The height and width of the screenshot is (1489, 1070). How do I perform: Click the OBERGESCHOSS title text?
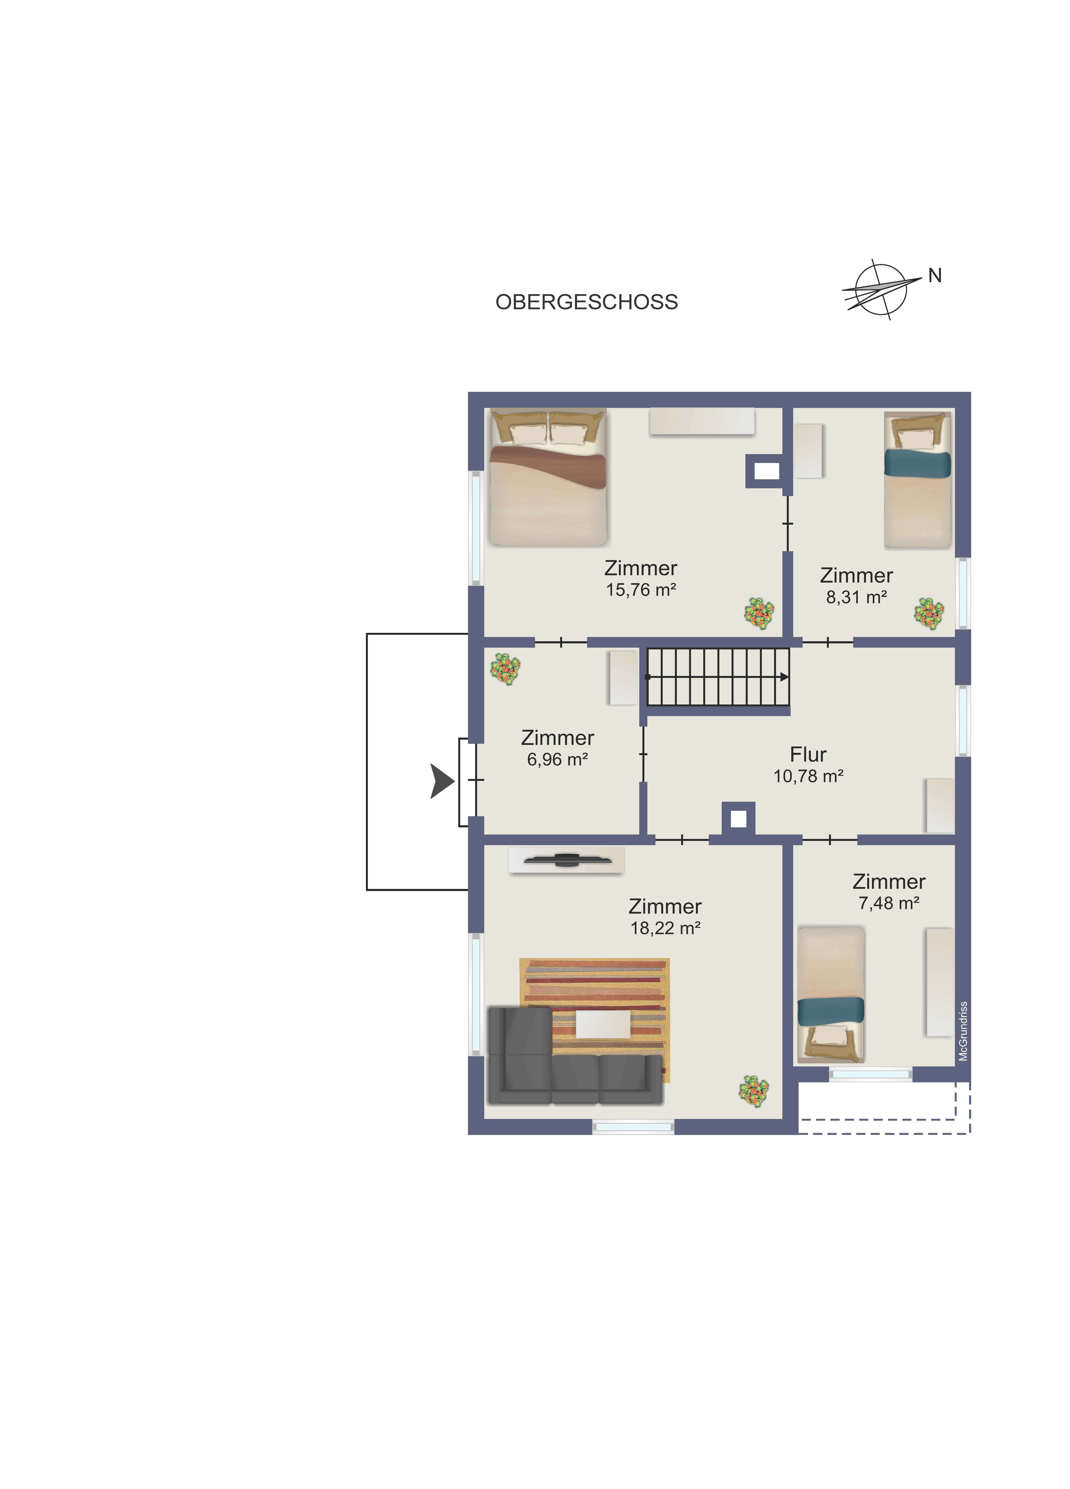click(586, 302)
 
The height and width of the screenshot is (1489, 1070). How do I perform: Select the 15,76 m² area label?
click(641, 590)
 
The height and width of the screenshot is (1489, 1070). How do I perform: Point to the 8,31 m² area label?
click(856, 597)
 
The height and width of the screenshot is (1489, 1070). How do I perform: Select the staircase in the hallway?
click(718, 677)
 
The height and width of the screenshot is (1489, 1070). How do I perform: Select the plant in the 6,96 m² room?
click(505, 669)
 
